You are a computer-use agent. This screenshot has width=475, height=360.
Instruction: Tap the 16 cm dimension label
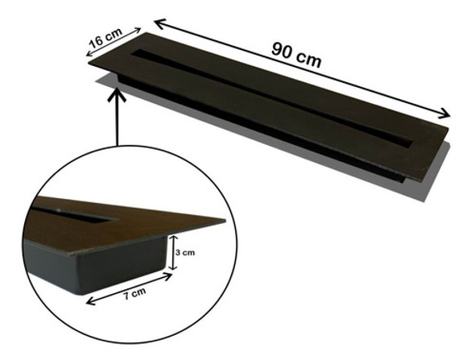tap(107, 38)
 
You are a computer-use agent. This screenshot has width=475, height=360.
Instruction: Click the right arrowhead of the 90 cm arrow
tap(446, 114)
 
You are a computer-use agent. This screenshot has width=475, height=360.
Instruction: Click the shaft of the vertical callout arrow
tap(118, 121)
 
